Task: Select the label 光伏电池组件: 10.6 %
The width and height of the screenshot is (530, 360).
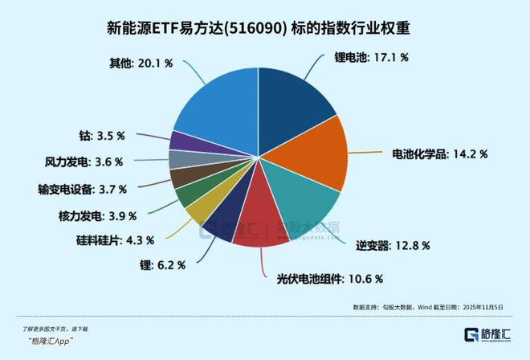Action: point(324,279)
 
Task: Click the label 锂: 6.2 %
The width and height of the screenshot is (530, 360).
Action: point(163,264)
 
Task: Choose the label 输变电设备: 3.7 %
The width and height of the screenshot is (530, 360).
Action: point(81,190)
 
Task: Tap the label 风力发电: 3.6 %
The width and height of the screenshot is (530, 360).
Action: point(84,162)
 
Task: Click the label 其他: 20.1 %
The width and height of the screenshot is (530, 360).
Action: point(141,61)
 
